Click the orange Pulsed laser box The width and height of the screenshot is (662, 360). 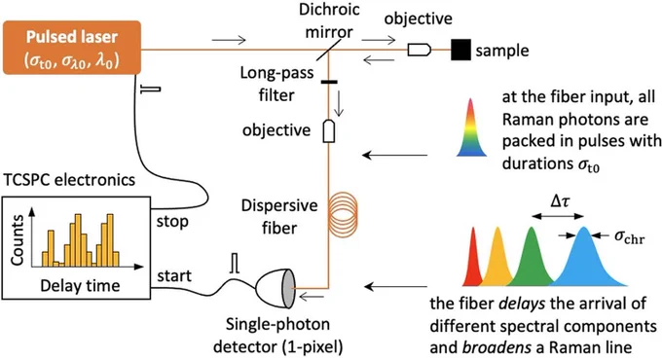(x=72, y=48)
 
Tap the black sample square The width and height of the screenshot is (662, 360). (x=460, y=50)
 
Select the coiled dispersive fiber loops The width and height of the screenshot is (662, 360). (x=343, y=213)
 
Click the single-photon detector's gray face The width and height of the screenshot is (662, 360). (x=288, y=288)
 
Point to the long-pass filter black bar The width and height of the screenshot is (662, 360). (x=329, y=82)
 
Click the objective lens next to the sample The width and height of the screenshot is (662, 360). (x=420, y=50)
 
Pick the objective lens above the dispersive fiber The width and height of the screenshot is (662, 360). (x=329, y=131)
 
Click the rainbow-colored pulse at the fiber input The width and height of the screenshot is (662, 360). (x=471, y=127)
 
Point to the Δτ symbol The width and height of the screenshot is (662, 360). (x=560, y=201)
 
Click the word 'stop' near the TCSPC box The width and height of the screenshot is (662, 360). (x=172, y=221)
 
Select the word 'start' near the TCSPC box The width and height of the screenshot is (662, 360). (x=174, y=276)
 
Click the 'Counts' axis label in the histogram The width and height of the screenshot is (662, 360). (x=18, y=240)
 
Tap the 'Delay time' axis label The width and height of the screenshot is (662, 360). (x=80, y=286)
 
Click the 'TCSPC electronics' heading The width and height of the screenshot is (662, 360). (x=69, y=180)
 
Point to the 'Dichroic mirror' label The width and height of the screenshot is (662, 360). (x=329, y=21)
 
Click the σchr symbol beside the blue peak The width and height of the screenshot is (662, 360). (x=630, y=237)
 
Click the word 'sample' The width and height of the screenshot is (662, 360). (x=502, y=51)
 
